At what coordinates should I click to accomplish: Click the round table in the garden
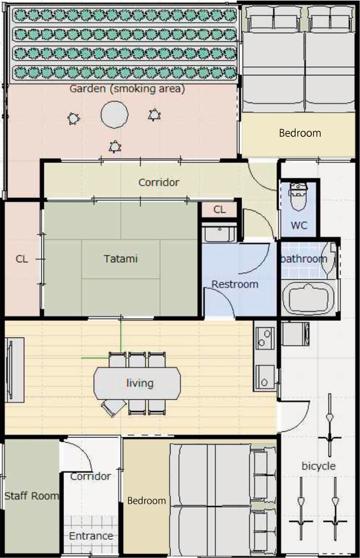115,115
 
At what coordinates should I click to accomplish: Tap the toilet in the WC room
298,196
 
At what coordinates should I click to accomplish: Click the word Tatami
120,258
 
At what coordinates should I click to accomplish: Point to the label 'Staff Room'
31,496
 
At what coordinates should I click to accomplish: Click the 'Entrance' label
91,535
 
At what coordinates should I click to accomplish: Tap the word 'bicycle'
318,466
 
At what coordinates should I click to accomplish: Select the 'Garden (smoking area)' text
127,89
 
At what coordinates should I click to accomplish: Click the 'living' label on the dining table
140,383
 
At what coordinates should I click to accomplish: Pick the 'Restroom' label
235,284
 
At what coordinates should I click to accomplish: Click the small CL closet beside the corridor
219,209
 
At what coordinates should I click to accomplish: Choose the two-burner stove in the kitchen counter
265,338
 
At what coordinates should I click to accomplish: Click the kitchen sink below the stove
265,378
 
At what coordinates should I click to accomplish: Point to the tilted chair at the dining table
114,408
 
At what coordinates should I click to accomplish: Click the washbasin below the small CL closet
219,233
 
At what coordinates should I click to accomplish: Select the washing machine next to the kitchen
295,334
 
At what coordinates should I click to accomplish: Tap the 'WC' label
299,225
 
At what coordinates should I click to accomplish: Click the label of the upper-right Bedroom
300,133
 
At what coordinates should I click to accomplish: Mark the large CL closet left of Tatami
21,259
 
